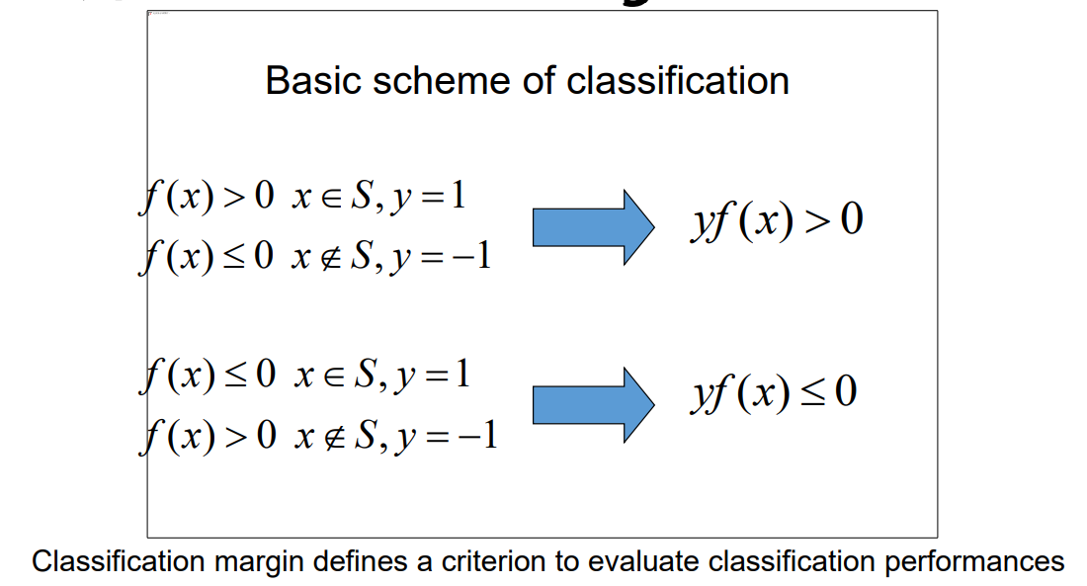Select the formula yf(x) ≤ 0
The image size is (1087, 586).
(773, 393)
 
